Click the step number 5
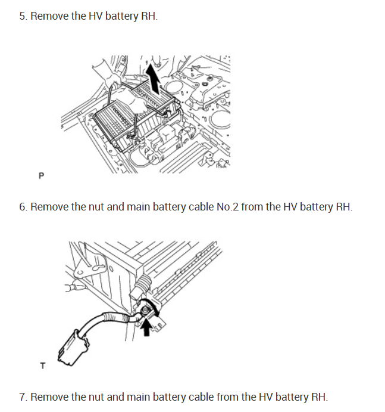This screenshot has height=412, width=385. pyautogui.click(x=22, y=16)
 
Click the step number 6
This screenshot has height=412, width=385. pyautogui.click(x=22, y=207)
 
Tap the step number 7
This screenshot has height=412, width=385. pyautogui.click(x=22, y=396)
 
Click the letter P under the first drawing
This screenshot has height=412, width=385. pyautogui.click(x=41, y=176)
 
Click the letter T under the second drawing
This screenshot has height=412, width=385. pyautogui.click(x=42, y=365)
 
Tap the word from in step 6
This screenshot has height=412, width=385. pyautogui.click(x=241, y=207)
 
